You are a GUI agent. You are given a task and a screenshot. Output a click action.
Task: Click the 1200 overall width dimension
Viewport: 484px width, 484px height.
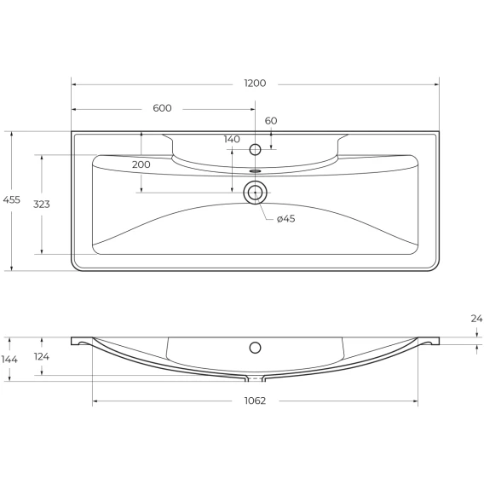(255, 84)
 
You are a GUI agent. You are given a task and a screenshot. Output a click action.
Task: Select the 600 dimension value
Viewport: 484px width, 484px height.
(162, 108)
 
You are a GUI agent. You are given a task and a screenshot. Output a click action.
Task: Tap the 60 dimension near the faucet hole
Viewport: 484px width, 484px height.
(271, 121)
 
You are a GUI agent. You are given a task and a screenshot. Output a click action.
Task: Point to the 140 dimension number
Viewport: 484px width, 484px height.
(232, 139)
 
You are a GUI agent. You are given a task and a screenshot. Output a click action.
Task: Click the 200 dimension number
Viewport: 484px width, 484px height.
(141, 164)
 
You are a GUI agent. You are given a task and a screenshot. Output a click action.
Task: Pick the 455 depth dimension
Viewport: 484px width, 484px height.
(11, 199)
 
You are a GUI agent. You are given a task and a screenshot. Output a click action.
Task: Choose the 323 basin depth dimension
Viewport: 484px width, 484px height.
(42, 204)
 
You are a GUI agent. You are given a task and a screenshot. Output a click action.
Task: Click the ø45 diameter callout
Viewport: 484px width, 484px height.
(285, 219)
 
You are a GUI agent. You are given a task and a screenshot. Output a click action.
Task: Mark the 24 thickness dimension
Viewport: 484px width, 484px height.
(476, 319)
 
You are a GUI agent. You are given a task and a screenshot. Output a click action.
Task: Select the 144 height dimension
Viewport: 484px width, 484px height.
(9, 360)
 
